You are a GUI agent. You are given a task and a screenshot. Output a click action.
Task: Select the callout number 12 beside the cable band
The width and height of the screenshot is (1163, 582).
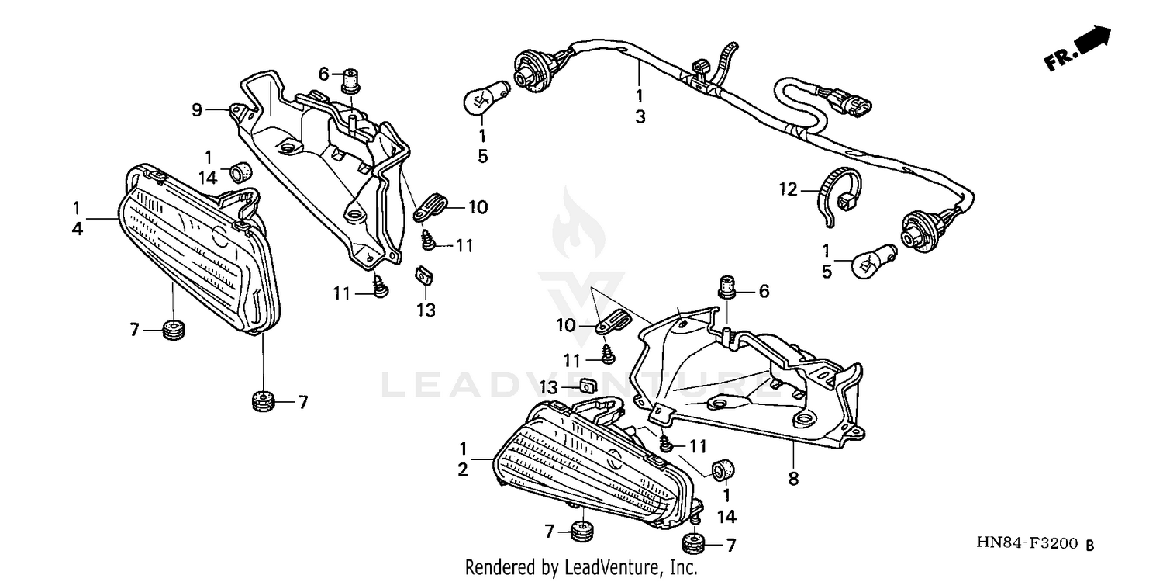tap(788, 189)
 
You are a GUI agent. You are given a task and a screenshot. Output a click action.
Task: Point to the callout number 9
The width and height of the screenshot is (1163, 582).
tap(197, 110)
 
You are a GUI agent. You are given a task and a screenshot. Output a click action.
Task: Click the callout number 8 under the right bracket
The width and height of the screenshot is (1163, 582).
tap(793, 479)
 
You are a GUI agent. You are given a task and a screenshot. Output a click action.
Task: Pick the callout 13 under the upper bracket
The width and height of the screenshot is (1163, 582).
tap(426, 310)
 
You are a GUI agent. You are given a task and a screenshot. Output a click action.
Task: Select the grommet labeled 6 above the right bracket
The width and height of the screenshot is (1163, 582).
tap(727, 287)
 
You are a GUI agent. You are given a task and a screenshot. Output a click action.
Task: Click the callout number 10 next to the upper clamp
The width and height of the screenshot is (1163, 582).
tap(478, 207)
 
